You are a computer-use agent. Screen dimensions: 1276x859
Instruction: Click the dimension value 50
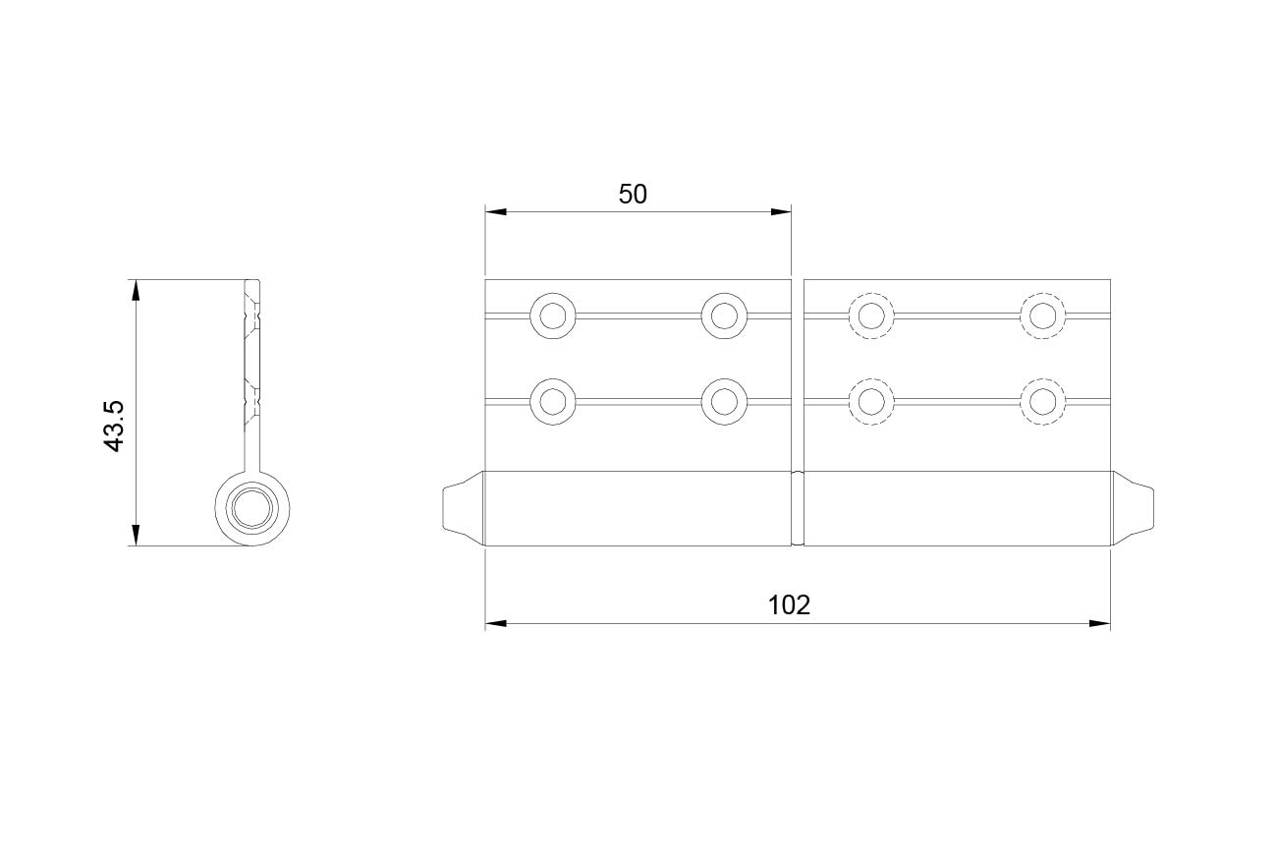point(633,195)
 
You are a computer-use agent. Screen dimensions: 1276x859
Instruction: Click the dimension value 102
point(789,605)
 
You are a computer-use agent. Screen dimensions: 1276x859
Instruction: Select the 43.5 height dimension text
point(115,427)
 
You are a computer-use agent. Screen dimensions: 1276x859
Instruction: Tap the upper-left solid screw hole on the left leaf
point(553,315)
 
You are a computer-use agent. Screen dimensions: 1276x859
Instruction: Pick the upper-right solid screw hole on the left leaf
point(724,315)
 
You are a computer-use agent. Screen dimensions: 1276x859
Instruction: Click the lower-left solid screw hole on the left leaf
point(553,401)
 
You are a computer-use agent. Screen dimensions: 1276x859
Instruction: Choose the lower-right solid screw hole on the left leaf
point(724,401)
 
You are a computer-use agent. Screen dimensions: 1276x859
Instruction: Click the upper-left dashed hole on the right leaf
point(871,315)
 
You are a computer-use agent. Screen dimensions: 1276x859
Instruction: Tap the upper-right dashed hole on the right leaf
point(1042,315)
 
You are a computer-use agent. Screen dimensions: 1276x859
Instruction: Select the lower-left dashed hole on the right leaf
point(871,401)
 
